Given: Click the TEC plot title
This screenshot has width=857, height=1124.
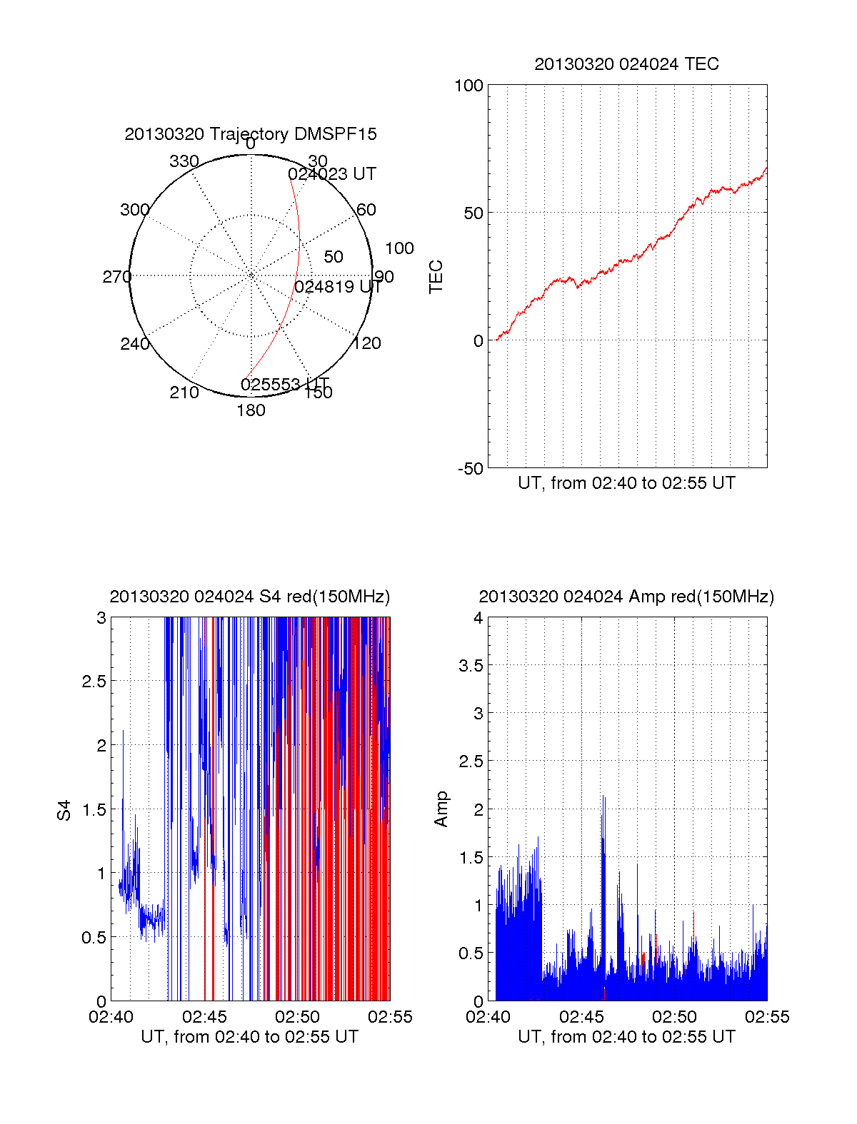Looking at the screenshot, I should pos(626,64).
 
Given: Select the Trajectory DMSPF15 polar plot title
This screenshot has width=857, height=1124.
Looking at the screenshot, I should pos(251,134).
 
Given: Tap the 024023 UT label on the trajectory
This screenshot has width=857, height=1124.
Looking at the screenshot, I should pos(332,174).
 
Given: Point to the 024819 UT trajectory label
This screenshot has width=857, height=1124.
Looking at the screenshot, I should pos(339,287).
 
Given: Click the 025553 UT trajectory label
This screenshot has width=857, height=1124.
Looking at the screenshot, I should pos(285,385).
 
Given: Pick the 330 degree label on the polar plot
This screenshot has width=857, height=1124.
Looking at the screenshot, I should pos(184,161).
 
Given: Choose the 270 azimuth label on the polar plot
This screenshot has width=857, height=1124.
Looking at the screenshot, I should pos(117,277).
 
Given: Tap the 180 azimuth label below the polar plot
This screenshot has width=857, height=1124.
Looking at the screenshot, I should pos(251,410).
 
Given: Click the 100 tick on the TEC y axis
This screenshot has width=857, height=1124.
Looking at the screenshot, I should pos(469,86).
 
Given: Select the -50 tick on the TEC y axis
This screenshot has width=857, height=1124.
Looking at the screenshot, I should pos(471,469).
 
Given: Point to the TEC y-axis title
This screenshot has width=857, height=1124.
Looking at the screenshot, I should pos(436,277).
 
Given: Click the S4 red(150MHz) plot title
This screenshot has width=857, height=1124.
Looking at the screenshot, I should pos(250,597).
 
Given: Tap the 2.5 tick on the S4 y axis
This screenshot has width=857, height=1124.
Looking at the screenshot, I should pos(94,682).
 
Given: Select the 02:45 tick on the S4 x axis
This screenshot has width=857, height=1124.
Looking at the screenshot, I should pos(204,1017).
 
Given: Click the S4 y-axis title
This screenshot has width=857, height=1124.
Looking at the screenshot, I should pos(64,810).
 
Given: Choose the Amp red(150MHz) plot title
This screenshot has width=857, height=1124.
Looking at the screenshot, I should pos(626,597).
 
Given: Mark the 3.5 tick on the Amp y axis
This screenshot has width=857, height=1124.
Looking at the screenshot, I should pos(471,666).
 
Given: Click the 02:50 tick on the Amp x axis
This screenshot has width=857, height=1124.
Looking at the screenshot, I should pos(674,1017).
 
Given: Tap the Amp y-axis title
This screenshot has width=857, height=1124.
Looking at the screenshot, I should pos(441,809).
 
